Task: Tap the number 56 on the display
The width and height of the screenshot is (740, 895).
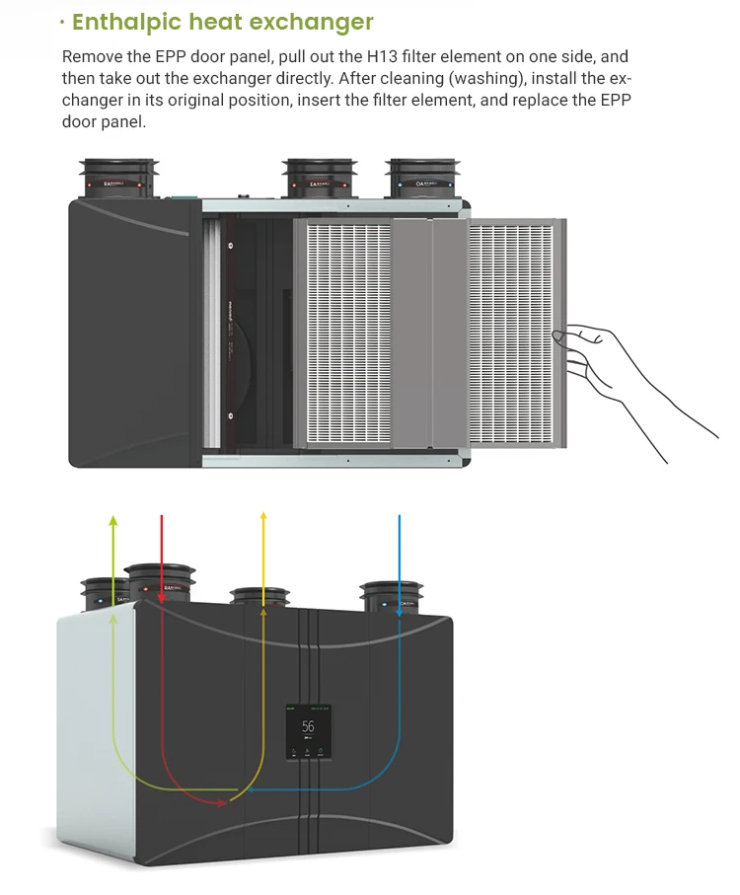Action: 308,726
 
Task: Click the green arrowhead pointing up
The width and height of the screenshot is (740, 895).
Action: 113,520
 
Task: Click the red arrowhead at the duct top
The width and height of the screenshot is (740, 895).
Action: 161,596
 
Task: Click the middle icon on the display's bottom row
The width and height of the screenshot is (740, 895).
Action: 308,752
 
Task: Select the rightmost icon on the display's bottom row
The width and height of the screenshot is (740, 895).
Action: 322,752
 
